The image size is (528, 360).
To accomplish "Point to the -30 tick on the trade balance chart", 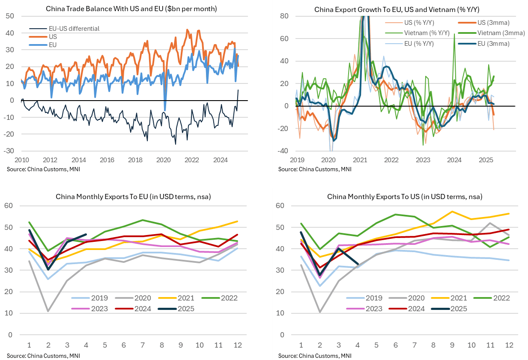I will pyautogui.click(x=8, y=151).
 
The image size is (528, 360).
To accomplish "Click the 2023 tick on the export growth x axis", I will pyautogui.click(x=423, y=160).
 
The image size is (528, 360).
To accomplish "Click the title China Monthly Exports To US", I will pyautogui.click(x=405, y=197).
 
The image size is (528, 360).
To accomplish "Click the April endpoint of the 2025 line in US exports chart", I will pyautogui.click(x=358, y=264).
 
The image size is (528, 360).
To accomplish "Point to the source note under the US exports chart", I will pyautogui.click(x=308, y=355).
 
